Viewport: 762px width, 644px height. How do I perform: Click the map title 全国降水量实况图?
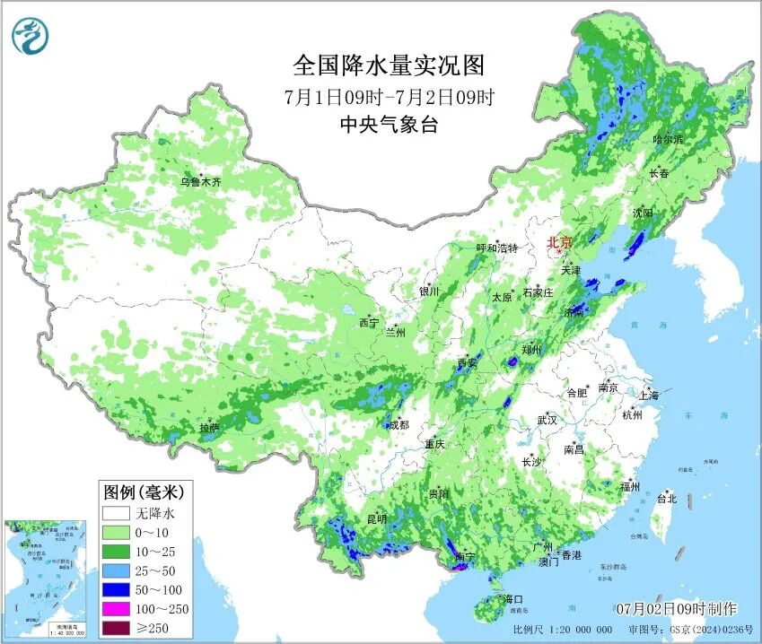[389, 65]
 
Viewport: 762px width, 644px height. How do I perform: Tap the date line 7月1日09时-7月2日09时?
[389, 96]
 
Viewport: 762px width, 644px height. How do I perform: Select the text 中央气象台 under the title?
[389, 125]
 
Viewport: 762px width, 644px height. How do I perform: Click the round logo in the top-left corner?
[31, 35]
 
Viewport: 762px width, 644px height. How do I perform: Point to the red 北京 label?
[560, 242]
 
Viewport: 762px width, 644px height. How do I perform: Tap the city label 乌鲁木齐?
[199, 181]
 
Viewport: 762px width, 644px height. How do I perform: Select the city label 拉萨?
[209, 429]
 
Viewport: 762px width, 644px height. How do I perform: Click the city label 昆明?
[376, 518]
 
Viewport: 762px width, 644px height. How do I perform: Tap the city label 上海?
[649, 395]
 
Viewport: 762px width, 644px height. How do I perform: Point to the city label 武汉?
[547, 420]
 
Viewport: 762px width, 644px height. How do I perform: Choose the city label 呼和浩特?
[496, 248]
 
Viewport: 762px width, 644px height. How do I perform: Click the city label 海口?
[512, 598]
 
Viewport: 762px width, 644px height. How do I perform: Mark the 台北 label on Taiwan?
[666, 499]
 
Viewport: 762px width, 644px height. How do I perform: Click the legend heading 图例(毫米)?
[144, 492]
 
